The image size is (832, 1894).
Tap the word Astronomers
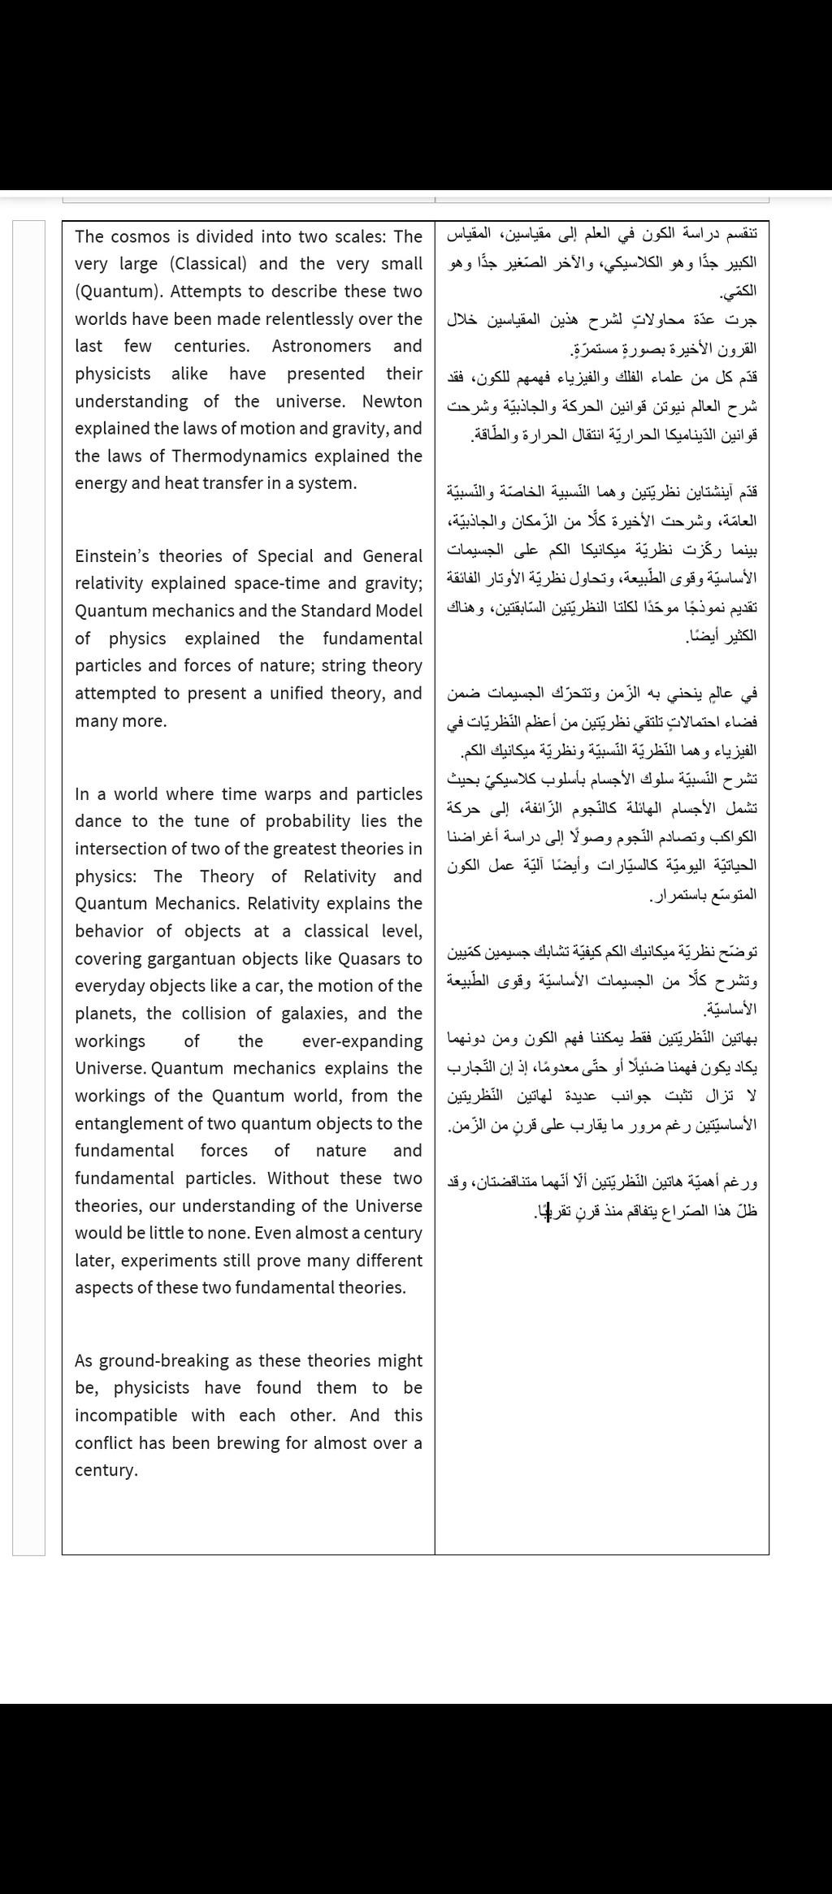[x=321, y=346]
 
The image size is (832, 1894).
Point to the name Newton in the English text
[x=392, y=401]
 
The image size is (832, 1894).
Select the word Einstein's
[x=113, y=556]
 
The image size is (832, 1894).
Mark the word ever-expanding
[x=362, y=1041]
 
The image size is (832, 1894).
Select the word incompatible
[x=126, y=1415]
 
